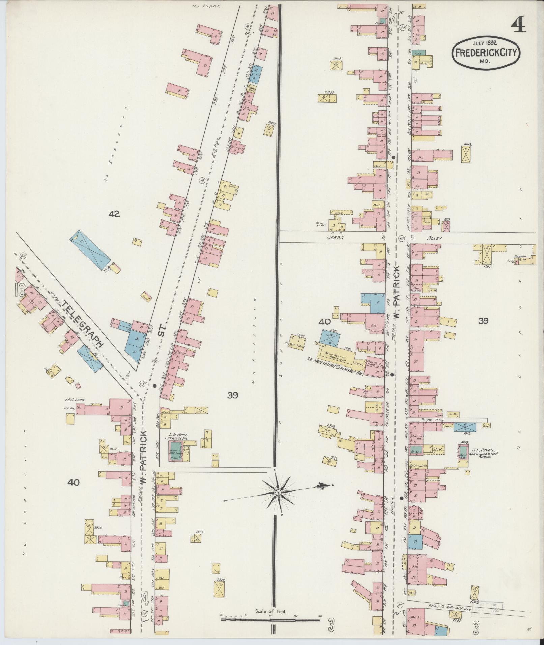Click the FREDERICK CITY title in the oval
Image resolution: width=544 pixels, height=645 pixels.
486,53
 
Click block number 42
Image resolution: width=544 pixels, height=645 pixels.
114,213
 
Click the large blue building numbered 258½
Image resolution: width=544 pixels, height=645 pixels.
90,250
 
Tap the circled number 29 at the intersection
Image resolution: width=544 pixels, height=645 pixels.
142,384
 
